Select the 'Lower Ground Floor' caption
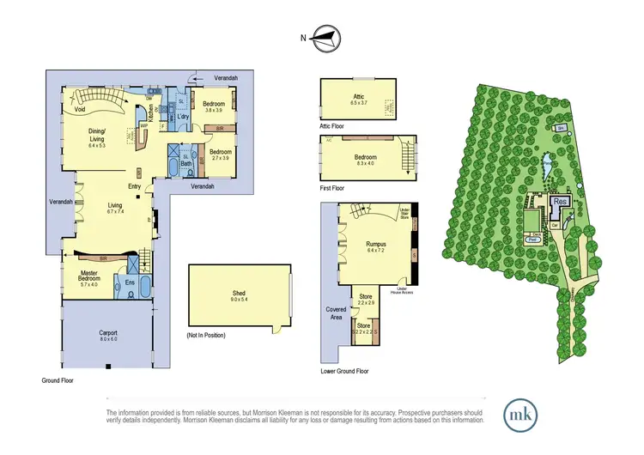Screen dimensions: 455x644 pos(344,372)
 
